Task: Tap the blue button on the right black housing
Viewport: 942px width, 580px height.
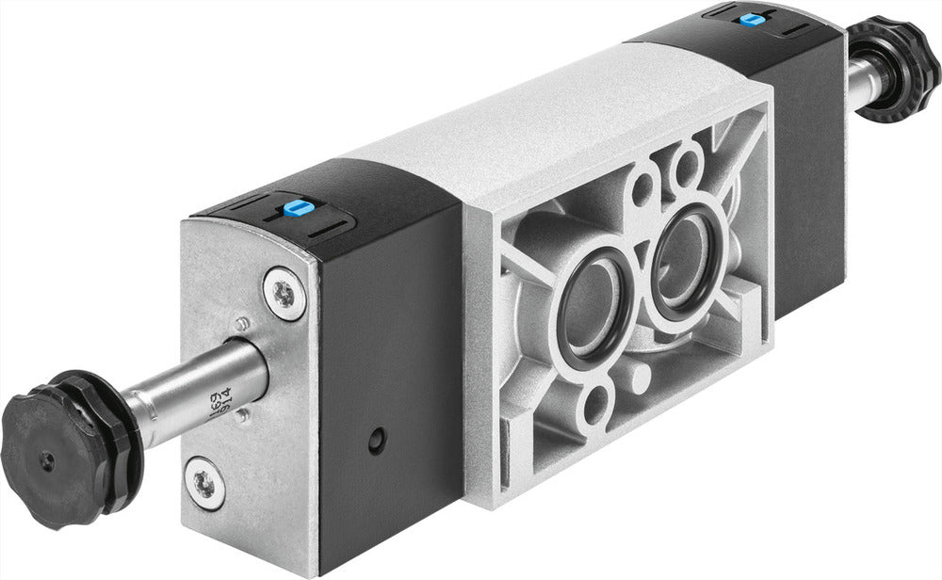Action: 750,19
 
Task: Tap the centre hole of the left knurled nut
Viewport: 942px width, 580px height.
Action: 45,461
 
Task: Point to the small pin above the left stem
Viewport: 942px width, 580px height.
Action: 242,324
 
